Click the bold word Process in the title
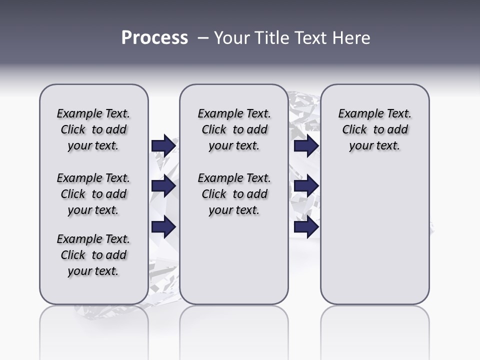[154, 38]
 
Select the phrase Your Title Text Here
[292, 38]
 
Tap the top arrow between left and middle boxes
[163, 145]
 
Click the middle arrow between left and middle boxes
[163, 186]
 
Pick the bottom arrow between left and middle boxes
[163, 226]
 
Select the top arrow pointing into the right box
[306, 145]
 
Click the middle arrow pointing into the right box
[306, 186]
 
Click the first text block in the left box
[93, 129]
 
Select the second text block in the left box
[93, 194]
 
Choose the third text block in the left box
[93, 255]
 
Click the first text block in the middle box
[234, 129]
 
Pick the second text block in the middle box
[234, 194]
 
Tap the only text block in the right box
[374, 129]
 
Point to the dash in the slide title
[203, 38]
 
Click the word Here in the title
[352, 38]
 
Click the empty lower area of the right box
[374, 240]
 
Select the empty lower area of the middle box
[234, 260]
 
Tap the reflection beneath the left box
[93, 330]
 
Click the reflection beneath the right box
[374, 330]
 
